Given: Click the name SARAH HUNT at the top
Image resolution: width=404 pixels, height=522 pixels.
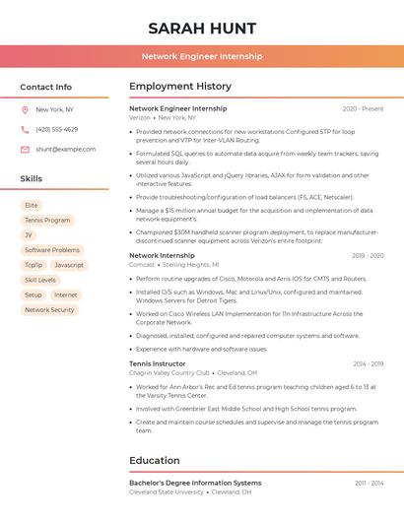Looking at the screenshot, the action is coord(202,28).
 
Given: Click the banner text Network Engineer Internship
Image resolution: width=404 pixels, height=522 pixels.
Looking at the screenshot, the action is coord(202,56).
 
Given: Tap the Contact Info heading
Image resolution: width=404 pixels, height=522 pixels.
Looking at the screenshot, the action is coord(46,87).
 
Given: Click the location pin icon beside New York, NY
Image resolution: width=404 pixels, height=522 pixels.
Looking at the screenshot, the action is coord(25,110).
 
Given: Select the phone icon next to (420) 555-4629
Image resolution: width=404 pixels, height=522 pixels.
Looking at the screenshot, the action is coord(25,130).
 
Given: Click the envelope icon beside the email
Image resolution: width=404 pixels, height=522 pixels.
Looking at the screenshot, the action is coord(25,150).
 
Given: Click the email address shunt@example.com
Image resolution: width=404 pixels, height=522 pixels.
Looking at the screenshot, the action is coord(65,150).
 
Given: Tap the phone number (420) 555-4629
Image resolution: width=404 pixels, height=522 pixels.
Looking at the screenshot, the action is coord(56,130).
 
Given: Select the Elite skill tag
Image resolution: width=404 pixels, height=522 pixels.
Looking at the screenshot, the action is coord(32,206).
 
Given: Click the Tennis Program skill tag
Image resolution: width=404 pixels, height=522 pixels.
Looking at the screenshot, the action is coord(47,221).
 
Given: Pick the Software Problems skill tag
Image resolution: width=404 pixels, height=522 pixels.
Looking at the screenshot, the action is coord(52,250).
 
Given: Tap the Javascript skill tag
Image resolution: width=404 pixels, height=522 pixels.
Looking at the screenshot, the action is coord(69,265).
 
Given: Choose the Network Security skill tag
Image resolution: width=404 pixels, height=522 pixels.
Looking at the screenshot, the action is coord(49,310).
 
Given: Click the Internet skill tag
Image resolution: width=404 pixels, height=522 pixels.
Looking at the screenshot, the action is coord(65,295).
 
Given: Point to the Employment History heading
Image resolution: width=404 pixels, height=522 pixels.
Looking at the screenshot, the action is coord(180,87).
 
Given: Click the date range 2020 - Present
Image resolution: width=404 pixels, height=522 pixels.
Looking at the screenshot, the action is coord(363,109).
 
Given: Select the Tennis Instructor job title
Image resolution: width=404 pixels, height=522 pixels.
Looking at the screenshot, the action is coord(158,363).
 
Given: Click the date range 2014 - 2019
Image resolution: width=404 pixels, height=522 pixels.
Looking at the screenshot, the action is coord(369,364).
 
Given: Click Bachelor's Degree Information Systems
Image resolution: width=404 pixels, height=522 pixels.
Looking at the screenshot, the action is coord(195,484).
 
